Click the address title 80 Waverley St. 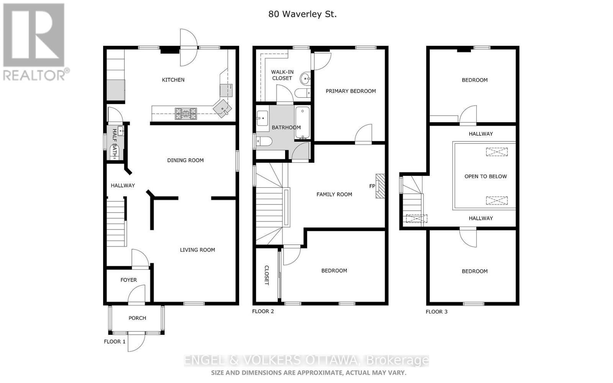302,14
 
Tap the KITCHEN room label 173,80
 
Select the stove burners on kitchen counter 186,113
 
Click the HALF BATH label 114,144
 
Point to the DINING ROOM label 185,160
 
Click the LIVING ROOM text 197,250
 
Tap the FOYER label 128,280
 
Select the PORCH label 137,318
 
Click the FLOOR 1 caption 115,341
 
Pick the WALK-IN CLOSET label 282,75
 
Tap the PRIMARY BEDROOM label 351,91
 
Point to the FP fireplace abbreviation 372,186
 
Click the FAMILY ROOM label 334,194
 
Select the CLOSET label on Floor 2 266,275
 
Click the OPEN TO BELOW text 485,177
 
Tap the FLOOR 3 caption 436,311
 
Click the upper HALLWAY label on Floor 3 480,134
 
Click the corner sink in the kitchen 223,108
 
